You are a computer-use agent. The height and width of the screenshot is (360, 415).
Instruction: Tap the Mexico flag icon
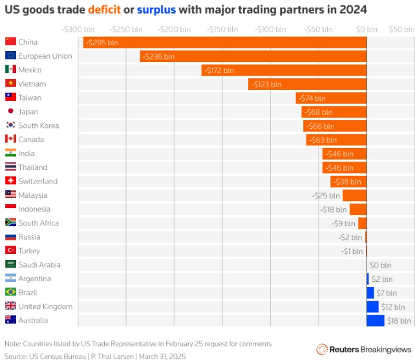pyautogui.click(x=10, y=70)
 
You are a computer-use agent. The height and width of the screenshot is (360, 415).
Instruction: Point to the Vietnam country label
pyautogui.click(x=32, y=84)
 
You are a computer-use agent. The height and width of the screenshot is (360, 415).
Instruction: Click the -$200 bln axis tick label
pyautogui.click(x=175, y=29)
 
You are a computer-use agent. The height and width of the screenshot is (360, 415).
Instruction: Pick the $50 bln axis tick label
pyautogui.click(x=401, y=29)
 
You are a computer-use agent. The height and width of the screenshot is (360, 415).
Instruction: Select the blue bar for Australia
pyautogui.click(x=375, y=321)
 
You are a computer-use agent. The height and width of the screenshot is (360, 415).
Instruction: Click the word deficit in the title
pyautogui.click(x=103, y=10)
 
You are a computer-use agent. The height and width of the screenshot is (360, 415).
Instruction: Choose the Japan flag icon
pyautogui.click(x=10, y=112)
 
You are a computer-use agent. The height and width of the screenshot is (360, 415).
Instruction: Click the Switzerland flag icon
pyautogui.click(x=10, y=181)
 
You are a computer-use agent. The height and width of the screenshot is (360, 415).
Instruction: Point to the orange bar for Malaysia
pyautogui.click(x=354, y=195)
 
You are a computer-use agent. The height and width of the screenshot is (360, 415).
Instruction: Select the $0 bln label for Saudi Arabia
pyautogui.click(x=380, y=265)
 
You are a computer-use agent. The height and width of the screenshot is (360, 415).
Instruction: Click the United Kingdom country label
pyautogui.click(x=45, y=306)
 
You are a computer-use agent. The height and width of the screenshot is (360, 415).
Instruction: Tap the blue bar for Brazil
pyautogui.click(x=370, y=293)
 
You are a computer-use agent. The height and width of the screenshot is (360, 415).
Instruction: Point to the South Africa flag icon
pyautogui.click(x=10, y=223)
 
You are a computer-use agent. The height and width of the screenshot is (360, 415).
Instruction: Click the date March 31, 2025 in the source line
pyautogui.click(x=162, y=355)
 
